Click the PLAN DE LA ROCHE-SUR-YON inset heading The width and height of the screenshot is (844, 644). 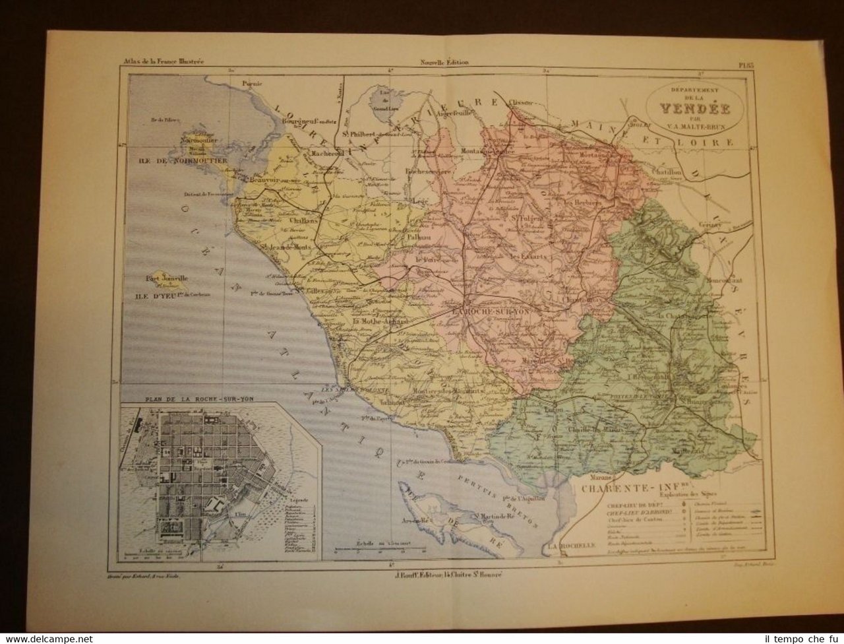[x=182, y=399]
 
